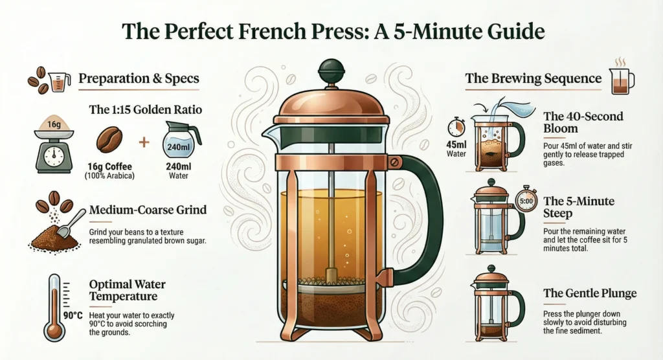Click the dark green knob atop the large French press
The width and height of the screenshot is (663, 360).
[x=331, y=71]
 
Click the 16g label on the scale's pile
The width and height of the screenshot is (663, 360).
[x=54, y=124]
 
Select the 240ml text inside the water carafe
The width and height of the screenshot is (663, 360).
[x=178, y=147]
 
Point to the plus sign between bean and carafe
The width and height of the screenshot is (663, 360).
[x=144, y=142]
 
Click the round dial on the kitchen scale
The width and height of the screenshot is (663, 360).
[x=53, y=155]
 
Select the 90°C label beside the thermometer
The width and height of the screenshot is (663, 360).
[x=73, y=315]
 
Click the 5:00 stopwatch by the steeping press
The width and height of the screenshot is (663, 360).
[x=526, y=200]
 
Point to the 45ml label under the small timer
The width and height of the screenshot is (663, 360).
[x=456, y=144]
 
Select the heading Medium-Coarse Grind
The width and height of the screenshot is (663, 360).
[x=148, y=210]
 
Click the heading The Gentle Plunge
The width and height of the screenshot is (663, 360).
[x=590, y=293]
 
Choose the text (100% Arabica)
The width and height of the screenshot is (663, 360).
[x=109, y=175]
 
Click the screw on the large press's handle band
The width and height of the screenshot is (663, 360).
[x=394, y=163]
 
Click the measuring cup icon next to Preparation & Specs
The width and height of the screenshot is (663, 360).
[x=59, y=82]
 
